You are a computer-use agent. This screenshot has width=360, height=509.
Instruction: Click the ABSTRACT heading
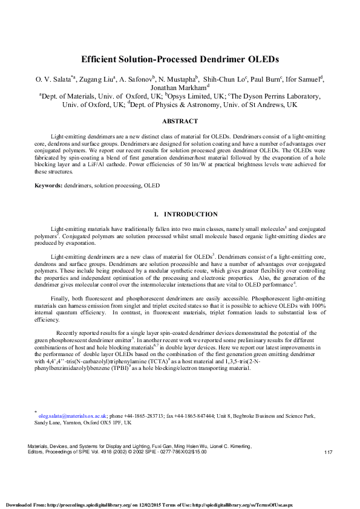click(180, 121)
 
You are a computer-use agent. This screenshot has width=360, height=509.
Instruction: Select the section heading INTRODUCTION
click(191, 214)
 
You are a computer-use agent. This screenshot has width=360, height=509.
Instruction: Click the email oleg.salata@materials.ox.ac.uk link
click(73, 416)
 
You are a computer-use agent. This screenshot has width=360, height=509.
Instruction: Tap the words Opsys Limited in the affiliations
click(175, 96)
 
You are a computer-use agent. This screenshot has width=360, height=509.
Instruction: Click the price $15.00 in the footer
click(198, 452)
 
